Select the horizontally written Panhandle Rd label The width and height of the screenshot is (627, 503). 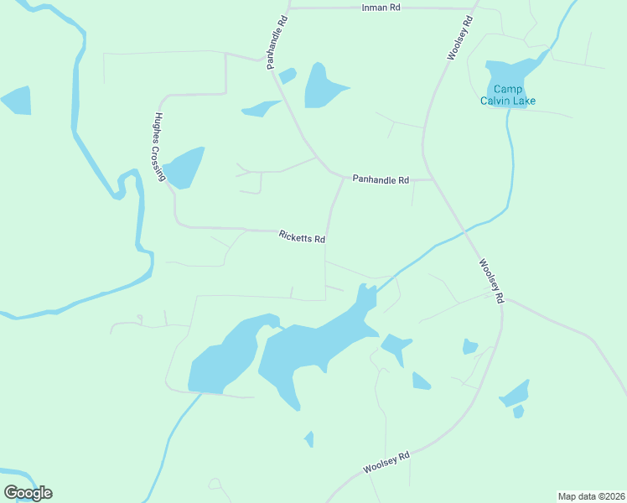381,179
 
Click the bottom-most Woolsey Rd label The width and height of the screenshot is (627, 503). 386,462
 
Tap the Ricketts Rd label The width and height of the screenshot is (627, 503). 302,237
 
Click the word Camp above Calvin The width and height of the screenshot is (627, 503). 507,90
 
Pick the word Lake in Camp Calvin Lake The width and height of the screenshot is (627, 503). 525,101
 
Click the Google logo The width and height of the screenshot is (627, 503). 28,493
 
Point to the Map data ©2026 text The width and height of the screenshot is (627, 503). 592,495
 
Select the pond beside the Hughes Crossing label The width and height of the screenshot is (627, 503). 184,168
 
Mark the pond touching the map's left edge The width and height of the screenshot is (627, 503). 16,101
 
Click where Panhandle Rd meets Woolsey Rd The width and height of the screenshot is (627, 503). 432,179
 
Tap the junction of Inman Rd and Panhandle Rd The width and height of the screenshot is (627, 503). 289,8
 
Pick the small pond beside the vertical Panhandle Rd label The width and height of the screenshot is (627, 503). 288,76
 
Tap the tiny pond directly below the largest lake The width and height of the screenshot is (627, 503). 309,438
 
